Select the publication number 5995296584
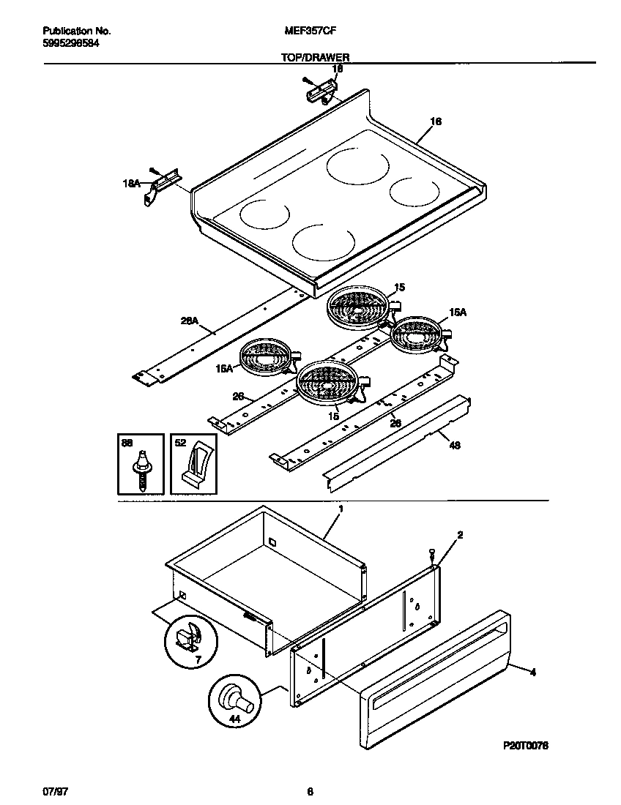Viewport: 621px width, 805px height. pyautogui.click(x=71, y=43)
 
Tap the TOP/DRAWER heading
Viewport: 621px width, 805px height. pyautogui.click(x=315, y=56)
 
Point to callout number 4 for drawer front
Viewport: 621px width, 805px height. pyautogui.click(x=532, y=673)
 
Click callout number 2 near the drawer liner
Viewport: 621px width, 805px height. pyautogui.click(x=459, y=536)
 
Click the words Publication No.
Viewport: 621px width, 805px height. pyautogui.click(x=77, y=31)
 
